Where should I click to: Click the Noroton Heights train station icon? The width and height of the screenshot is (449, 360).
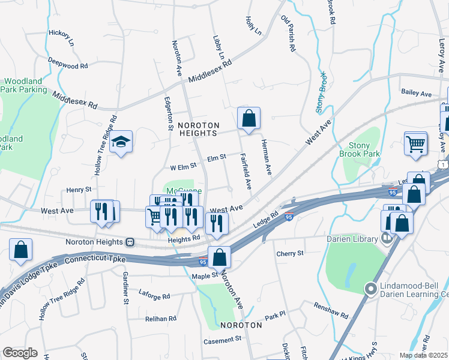click(x=129, y=242)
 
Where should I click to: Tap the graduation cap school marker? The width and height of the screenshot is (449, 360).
click(x=121, y=142)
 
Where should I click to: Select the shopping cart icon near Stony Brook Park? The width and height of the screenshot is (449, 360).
click(x=415, y=145)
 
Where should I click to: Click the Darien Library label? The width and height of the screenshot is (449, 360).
click(x=352, y=239)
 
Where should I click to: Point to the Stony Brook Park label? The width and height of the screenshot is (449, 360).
click(x=364, y=149)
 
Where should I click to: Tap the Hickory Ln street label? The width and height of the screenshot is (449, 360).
click(x=61, y=38)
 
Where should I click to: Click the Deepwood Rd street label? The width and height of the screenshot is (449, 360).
click(x=68, y=63)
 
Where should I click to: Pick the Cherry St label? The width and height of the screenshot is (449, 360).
click(x=290, y=254)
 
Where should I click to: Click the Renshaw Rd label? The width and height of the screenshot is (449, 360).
click(x=331, y=310)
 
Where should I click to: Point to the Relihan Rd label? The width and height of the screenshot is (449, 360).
click(x=159, y=319)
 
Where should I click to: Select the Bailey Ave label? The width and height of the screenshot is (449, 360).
click(x=417, y=94)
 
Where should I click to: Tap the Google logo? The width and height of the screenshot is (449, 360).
click(x=20, y=353)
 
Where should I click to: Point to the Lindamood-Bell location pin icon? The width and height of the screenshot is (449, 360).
click(x=371, y=289)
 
